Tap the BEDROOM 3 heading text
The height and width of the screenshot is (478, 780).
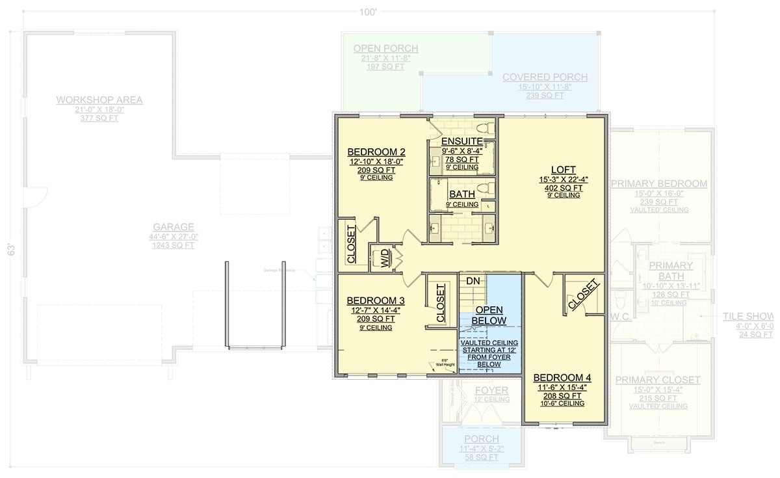(376, 300)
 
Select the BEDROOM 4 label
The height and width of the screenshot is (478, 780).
(563, 378)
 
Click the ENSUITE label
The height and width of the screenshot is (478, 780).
(461, 142)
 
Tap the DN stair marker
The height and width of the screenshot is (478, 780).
(473, 280)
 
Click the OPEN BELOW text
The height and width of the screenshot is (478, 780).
(489, 315)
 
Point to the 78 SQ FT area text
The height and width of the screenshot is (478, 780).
(461, 159)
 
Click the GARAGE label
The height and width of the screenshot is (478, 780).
(174, 227)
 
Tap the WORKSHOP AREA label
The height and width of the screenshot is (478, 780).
(99, 100)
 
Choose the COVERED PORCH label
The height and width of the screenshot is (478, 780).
(545, 77)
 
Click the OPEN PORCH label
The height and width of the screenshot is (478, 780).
(385, 49)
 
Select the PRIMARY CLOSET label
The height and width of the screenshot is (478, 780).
(658, 380)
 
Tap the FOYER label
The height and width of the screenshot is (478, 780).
(491, 390)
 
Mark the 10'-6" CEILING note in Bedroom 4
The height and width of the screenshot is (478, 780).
(563, 403)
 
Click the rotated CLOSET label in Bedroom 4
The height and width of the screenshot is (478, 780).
(583, 294)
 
